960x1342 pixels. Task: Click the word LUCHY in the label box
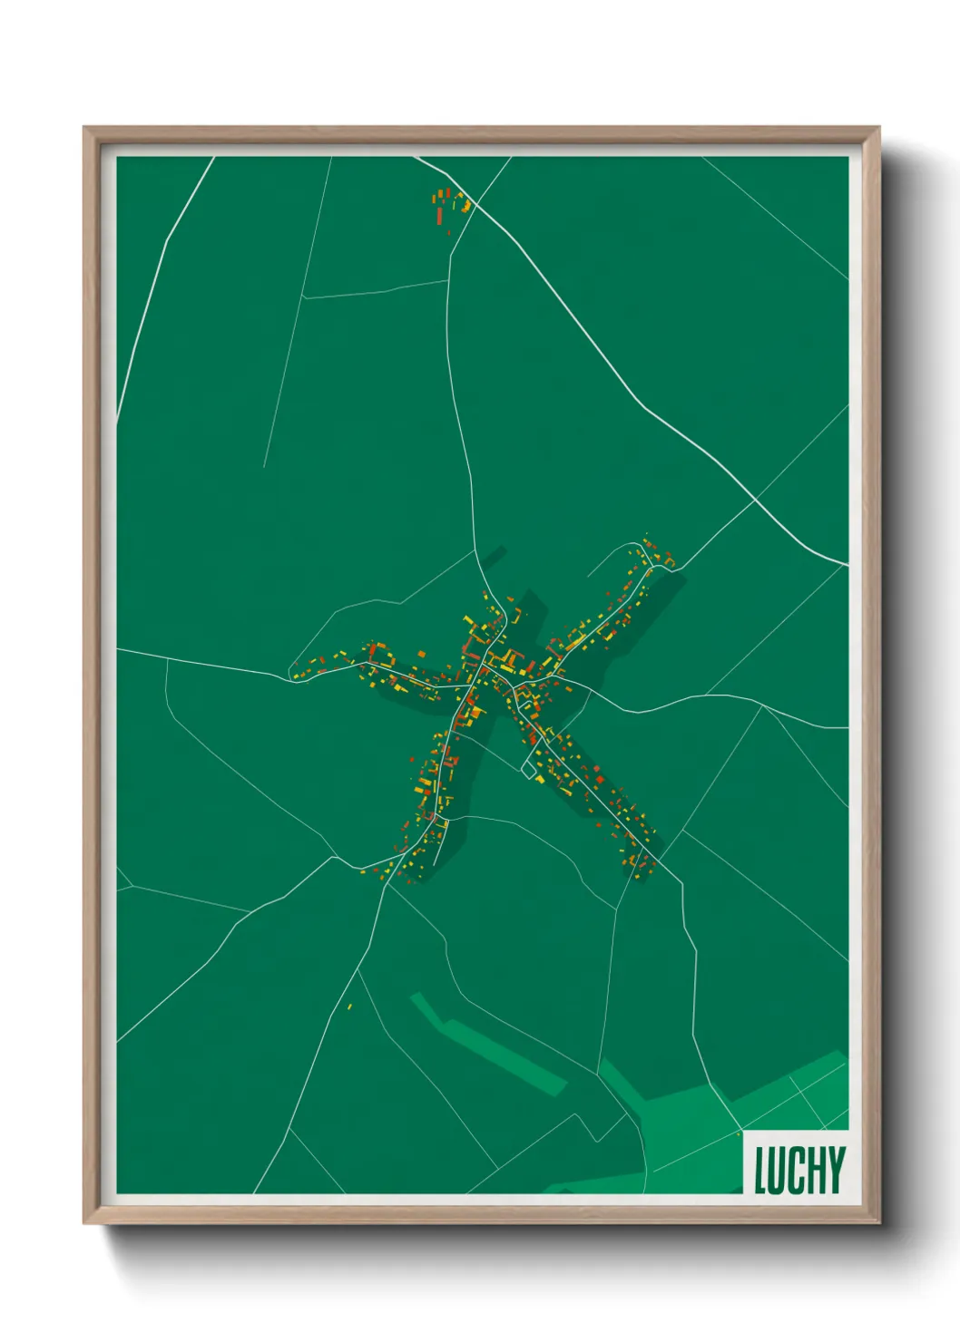[799, 1170]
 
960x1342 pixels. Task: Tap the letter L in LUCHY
[761, 1170]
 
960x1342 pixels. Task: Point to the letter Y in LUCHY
[836, 1170]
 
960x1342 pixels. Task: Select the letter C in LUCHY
[797, 1170]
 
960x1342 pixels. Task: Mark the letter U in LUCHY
[779, 1170]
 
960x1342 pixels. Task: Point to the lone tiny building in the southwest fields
[349, 1006]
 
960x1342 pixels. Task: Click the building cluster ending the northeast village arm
[658, 555]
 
